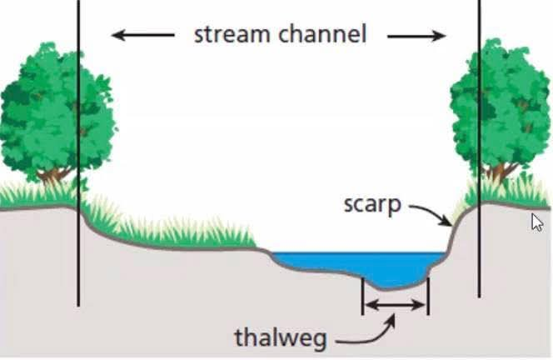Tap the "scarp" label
[372, 204]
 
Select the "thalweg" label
[280, 337]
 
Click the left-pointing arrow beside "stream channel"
[143, 36]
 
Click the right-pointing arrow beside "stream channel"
[416, 36]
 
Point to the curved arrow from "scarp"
[430, 212]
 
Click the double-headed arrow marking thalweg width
[395, 305]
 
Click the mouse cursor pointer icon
[537, 222]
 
